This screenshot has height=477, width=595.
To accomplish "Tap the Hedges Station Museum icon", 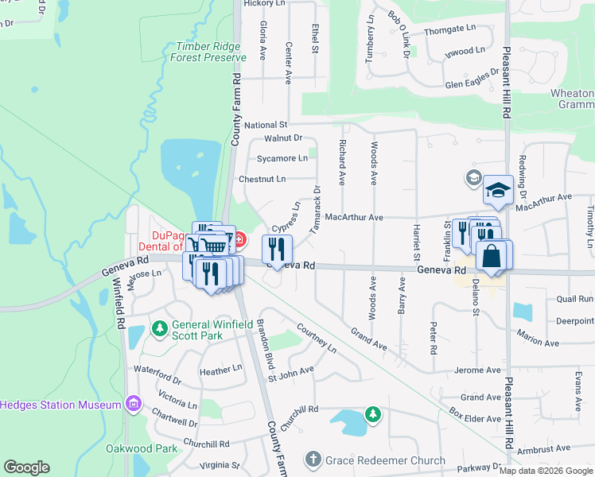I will click(133, 405).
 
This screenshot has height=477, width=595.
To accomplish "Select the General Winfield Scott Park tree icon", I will click(160, 328).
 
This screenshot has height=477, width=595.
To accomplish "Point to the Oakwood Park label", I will click(142, 448).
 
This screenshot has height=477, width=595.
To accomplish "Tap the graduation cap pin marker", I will click(498, 191).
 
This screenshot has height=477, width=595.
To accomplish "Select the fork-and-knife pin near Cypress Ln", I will click(277, 250).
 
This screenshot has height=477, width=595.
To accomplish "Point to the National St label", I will click(266, 126).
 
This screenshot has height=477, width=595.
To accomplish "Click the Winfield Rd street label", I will click(120, 304).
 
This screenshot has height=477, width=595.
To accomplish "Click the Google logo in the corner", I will click(26, 467).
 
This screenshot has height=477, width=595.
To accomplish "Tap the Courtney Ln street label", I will click(316, 336).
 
